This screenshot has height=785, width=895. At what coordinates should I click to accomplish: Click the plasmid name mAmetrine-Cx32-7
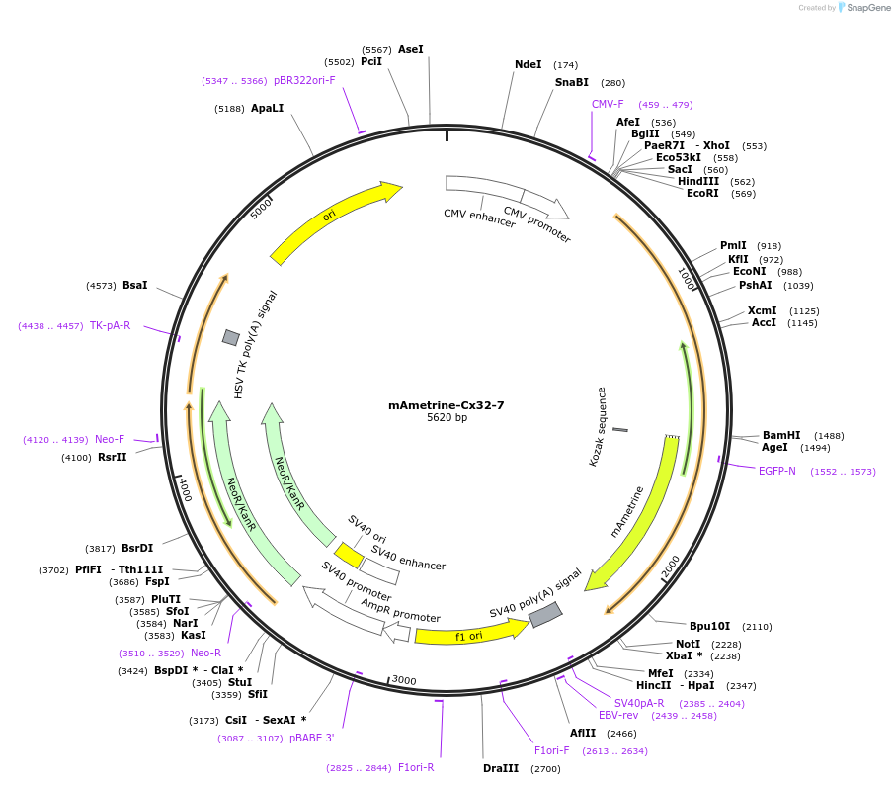click(447, 405)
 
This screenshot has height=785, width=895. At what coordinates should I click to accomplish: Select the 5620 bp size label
click(447, 418)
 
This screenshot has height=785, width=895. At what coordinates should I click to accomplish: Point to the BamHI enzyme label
click(781, 435)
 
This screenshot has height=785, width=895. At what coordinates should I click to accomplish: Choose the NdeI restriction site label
click(529, 64)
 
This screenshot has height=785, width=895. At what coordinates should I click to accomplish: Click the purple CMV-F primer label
click(608, 104)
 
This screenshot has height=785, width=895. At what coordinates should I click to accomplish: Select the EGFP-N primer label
click(777, 471)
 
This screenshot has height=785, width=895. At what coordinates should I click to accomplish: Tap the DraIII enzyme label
click(501, 768)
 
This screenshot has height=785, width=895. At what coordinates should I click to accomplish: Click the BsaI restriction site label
click(134, 285)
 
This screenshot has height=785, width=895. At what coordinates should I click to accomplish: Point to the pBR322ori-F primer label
click(304, 81)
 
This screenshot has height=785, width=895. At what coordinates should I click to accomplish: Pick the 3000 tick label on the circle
click(404, 680)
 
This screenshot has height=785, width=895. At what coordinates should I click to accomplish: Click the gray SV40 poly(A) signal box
click(545, 615)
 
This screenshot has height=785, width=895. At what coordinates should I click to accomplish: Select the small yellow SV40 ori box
click(349, 554)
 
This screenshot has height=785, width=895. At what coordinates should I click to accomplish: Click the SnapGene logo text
click(868, 8)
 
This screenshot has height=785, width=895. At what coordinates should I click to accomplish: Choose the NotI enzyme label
click(688, 644)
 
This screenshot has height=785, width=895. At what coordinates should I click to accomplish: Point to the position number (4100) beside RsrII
click(76, 458)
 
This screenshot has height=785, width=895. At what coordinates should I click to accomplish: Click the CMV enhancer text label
click(479, 218)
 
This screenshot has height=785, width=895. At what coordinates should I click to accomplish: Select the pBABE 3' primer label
click(311, 738)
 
